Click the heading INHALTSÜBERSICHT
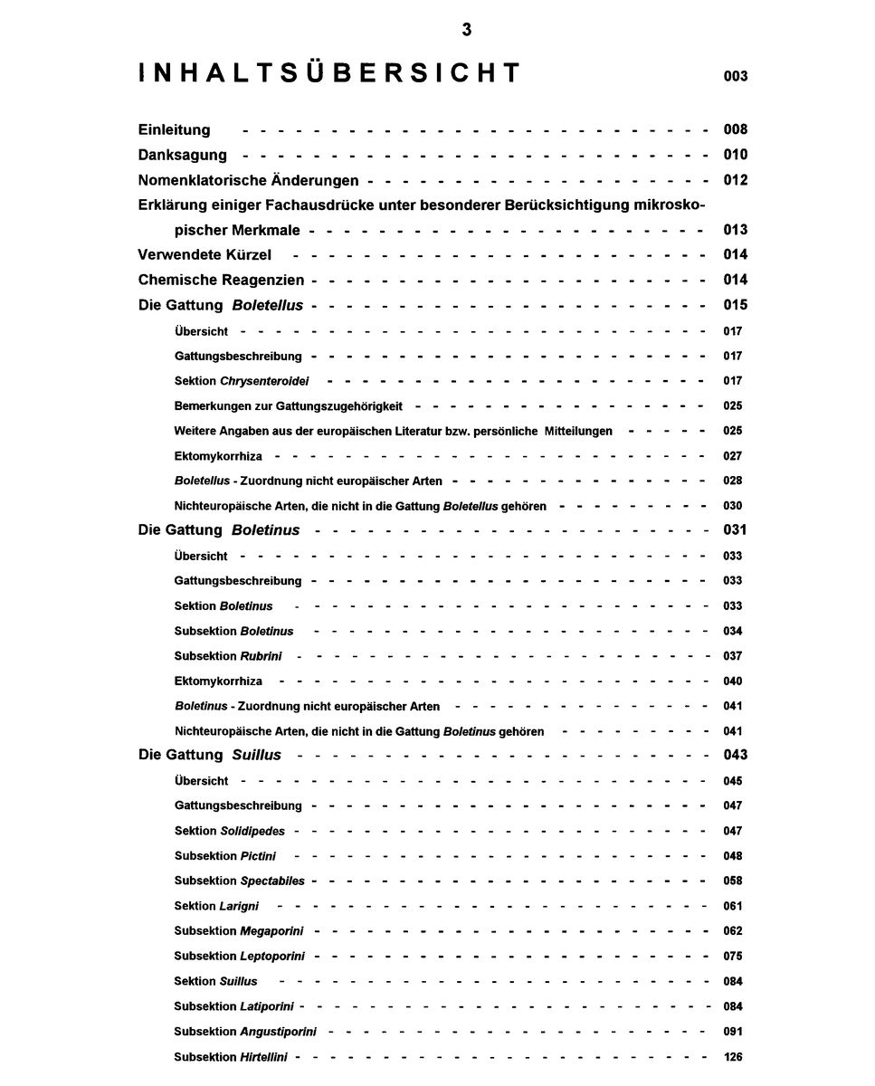pos(330,73)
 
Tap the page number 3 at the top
pos(466,30)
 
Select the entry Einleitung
pos(174,129)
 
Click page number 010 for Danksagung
pos(735,155)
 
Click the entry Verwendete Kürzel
pos(204,254)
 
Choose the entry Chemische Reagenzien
pos(221,280)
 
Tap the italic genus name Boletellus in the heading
pos(267,305)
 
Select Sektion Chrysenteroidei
pos(242,381)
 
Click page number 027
pos(732,456)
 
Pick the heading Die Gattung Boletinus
pos(219,529)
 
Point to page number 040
pos(732,681)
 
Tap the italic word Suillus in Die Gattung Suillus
pos(257,755)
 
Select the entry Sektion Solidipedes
pos(230,831)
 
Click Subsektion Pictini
pos(225,856)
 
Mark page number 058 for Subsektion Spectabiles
pos(732,881)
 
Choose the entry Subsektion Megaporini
pos(239,930)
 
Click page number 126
pos(733,1056)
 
